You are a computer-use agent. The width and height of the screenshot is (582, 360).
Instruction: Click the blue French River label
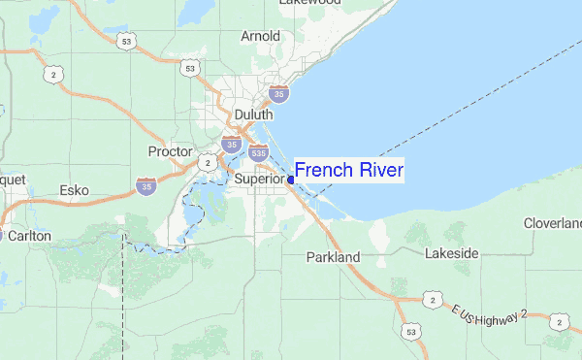[349, 171]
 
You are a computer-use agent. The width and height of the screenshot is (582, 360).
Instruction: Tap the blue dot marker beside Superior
[291, 180]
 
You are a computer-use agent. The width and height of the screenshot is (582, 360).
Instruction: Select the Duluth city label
[254, 114]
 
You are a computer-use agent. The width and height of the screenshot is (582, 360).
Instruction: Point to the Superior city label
[259, 180]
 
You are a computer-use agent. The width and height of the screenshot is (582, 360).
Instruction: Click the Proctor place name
[171, 151]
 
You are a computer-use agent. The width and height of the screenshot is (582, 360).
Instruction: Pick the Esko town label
[75, 190]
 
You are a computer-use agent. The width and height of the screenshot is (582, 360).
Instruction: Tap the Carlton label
[29, 235]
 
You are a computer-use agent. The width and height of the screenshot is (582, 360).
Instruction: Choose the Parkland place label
[333, 257]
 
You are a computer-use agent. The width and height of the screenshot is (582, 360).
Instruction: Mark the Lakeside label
[452, 253]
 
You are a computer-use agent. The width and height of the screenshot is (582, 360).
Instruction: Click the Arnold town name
[260, 37]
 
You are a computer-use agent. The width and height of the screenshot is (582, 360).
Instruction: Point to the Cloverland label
[553, 223]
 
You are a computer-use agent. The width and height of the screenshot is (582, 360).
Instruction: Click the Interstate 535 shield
[258, 152]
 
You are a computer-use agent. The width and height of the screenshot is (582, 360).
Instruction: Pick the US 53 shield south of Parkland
[412, 333]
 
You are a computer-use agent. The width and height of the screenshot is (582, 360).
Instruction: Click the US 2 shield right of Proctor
[207, 163]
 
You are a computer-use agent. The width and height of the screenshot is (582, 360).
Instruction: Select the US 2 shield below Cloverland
[558, 321]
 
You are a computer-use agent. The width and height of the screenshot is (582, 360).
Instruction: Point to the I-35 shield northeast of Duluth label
[278, 93]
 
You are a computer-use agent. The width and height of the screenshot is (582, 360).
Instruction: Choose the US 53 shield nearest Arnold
[190, 68]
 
